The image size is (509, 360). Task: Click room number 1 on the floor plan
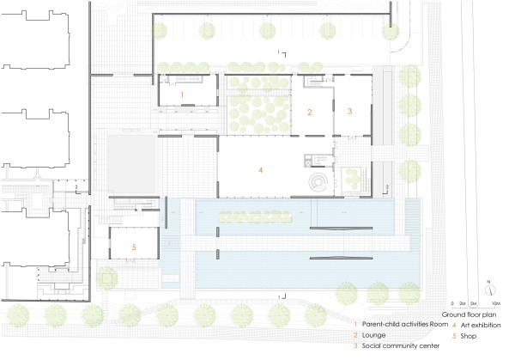(182, 92)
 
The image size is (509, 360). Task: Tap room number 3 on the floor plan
(349, 112)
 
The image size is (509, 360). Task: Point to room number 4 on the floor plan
(259, 170)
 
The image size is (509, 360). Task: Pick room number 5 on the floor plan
(133, 247)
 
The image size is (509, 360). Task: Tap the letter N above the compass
(487, 283)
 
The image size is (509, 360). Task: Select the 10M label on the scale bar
(495, 304)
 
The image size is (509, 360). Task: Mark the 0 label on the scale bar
(454, 304)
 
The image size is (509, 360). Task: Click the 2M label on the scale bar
(462, 304)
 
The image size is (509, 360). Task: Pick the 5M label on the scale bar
(474, 304)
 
